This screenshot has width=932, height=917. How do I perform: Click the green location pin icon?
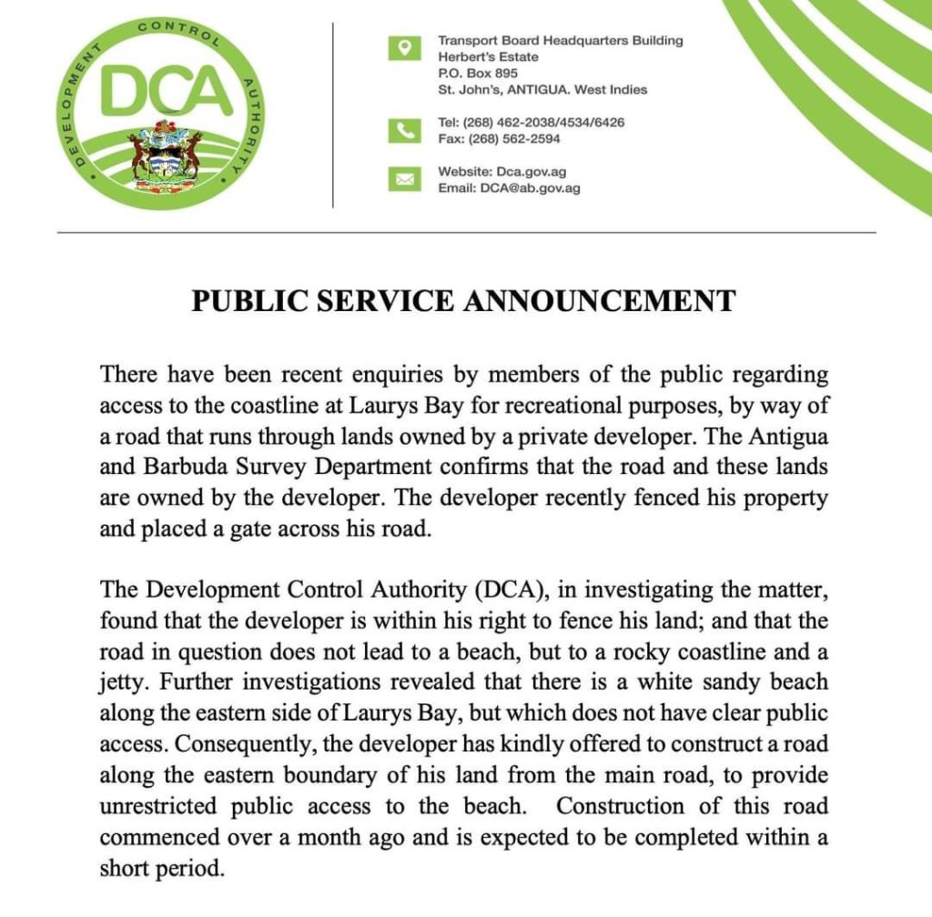pos(405,47)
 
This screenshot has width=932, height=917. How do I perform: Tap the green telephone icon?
pos(405,131)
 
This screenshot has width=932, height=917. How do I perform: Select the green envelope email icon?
pos(405,179)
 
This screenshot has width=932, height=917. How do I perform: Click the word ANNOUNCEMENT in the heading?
pos(600,300)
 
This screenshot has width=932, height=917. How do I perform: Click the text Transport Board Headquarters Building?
pos(560,41)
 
